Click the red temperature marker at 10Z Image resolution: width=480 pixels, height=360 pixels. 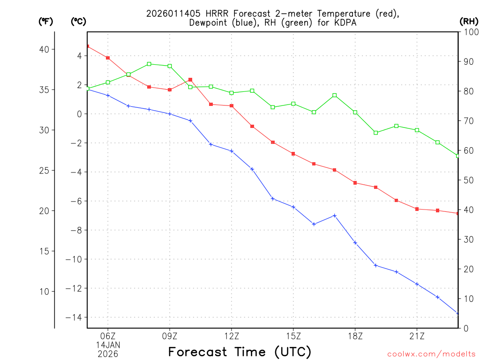[190, 80]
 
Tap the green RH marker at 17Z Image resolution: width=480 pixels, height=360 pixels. [335, 95]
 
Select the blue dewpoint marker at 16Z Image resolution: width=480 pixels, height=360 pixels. [314, 224]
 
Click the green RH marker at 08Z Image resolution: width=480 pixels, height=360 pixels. [149, 64]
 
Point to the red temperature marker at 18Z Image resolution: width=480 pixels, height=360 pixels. [355, 183]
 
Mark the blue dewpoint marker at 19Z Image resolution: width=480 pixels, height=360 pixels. [376, 265]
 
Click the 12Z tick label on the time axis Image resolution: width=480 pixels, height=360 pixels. [232, 336]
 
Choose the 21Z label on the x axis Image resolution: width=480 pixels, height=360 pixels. [417, 336]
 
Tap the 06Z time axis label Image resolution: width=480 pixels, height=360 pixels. [108, 336]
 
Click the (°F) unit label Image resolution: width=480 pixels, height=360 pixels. [45, 21]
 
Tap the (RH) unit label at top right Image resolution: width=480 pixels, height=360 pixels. [469, 21]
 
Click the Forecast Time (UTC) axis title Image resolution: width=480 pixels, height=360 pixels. [240, 352]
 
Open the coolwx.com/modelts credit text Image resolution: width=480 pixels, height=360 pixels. [431, 354]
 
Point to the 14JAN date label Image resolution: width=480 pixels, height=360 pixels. [108, 345]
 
